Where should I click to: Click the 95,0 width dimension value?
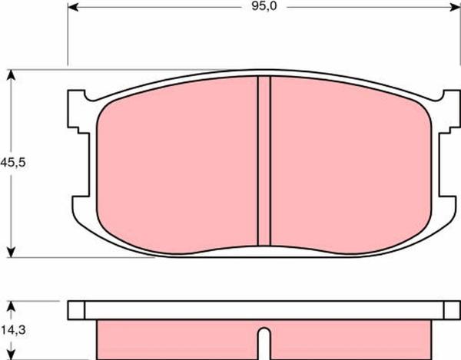coord(264,6)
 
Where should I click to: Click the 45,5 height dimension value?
coord(13,162)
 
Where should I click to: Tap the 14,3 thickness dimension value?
coord(14,330)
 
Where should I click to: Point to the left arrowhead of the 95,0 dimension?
coord(73,8)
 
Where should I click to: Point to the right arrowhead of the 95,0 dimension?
coord(455,8)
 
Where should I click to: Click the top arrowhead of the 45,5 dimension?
coord(11,75)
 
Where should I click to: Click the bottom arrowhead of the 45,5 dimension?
coord(11,253)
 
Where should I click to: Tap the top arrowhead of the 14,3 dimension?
coord(11,306)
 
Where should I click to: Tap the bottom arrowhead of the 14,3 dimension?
coord(11,355)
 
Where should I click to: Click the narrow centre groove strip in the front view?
coord(264,161)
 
